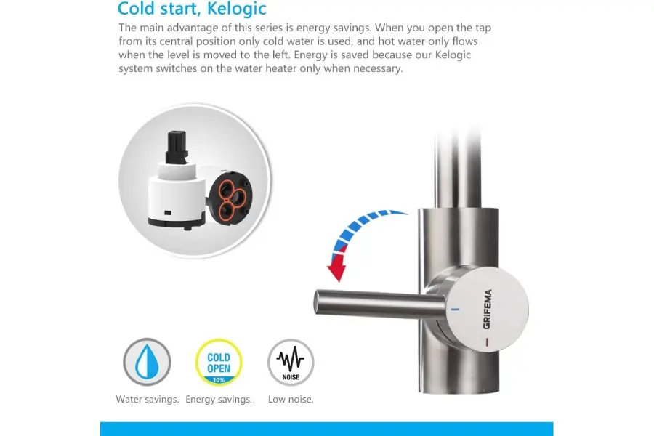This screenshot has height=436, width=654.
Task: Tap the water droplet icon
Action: [147, 362]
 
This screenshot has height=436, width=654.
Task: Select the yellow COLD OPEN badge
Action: [219, 362]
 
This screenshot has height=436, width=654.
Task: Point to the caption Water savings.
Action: [148, 399]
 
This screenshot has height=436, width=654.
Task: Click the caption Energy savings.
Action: [219, 399]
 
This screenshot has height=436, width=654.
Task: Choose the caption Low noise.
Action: [291, 399]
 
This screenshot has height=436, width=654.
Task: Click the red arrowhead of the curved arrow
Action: [336, 267]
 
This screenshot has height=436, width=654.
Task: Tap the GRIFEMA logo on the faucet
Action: [487, 309]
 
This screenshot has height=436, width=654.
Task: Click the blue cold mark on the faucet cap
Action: [455, 310]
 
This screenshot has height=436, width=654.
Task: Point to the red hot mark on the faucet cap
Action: [487, 342]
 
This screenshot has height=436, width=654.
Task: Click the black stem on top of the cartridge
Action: [177, 148]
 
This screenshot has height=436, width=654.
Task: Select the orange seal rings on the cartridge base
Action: [229, 200]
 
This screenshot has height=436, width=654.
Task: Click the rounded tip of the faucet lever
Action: [317, 302]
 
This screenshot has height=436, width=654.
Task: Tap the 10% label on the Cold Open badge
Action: [219, 380]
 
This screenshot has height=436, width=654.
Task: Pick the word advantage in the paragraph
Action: [199, 28]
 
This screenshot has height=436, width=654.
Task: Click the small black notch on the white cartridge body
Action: [168, 213]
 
